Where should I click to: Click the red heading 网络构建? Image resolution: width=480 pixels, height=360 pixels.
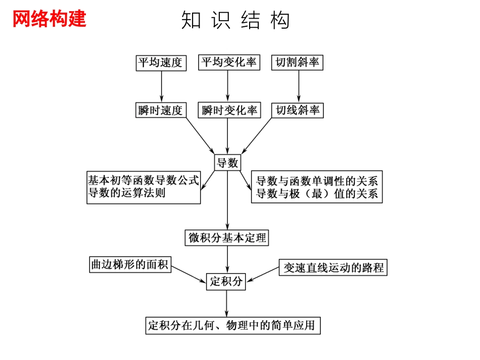click(x=49, y=19)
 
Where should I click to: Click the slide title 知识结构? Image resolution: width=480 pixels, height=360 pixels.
click(x=235, y=21)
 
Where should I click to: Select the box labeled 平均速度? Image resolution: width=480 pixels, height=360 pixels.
click(x=161, y=63)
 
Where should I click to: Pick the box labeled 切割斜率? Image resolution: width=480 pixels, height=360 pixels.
click(x=298, y=63)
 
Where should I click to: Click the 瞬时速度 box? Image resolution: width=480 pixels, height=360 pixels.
click(x=161, y=110)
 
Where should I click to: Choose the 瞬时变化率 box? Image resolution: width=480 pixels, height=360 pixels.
click(x=229, y=110)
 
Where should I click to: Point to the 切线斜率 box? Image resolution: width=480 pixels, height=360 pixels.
click(x=298, y=110)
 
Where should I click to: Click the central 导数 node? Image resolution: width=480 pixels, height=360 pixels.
click(x=227, y=163)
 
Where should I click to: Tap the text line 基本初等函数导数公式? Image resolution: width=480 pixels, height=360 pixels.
click(x=143, y=180)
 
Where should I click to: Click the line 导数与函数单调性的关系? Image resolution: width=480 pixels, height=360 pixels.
click(x=317, y=181)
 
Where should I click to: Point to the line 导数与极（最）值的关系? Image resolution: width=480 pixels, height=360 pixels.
click(x=317, y=194)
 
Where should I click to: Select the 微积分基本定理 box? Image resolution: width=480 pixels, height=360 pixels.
click(x=227, y=237)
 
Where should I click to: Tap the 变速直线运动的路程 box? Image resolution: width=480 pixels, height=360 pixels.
click(x=333, y=267)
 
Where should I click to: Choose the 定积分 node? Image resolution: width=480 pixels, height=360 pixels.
click(x=226, y=281)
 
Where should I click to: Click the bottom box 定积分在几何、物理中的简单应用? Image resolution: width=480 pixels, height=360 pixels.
click(x=233, y=325)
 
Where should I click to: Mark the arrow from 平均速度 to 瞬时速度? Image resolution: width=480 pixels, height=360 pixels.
click(x=161, y=86)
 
